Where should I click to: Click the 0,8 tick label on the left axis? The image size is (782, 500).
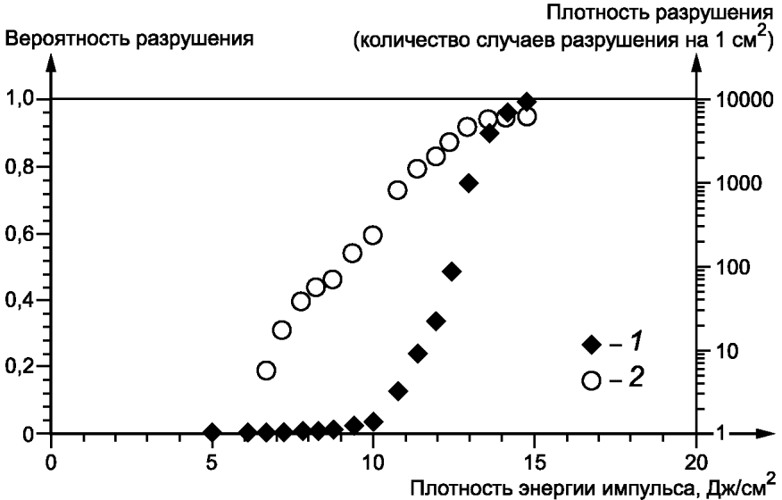[20, 167]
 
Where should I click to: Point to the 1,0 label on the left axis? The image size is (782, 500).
[20, 100]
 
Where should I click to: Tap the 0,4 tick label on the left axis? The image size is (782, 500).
[20, 300]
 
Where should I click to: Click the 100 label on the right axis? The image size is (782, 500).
[732, 268]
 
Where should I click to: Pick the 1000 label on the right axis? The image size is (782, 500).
[738, 184]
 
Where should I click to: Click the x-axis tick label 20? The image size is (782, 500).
[695, 463]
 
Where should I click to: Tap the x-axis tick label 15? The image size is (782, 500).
[535, 463]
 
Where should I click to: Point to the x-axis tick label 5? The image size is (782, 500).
[212, 463]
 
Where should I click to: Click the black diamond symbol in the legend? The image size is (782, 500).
[592, 345]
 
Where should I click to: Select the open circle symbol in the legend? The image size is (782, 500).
[592, 380]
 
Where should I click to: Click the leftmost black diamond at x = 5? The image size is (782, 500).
[212, 432]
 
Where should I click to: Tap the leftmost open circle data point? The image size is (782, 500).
[266, 371]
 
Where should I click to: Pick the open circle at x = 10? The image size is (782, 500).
[372, 235]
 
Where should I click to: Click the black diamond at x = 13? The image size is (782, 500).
[469, 183]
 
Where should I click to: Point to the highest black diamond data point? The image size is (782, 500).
[527, 102]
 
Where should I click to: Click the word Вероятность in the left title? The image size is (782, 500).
[68, 39]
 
